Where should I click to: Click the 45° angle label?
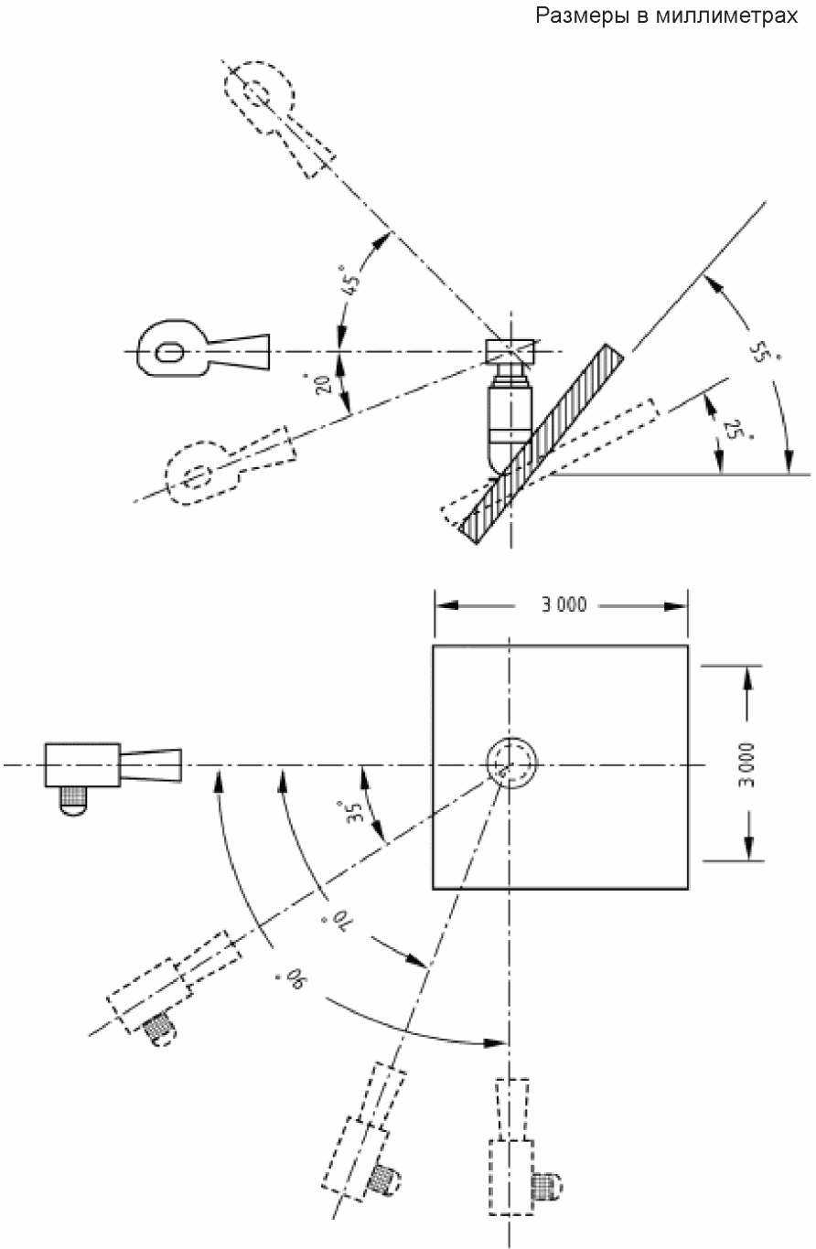[351, 281]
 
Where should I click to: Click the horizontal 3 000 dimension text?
[564, 605]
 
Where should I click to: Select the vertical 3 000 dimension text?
[746, 764]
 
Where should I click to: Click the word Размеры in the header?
[581, 16]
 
